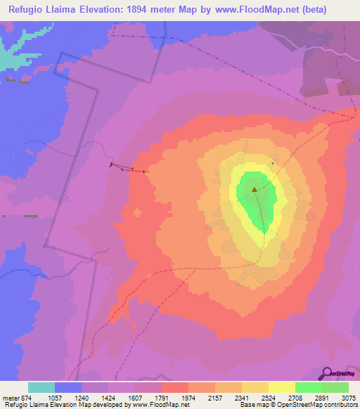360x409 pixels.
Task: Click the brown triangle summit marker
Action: (x=255, y=188)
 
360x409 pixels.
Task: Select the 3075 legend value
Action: (x=348, y=396)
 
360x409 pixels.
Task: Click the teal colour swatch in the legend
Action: (x=41, y=387)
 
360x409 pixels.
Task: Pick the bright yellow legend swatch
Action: (x=281, y=387)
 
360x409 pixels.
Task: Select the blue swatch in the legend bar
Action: (x=68, y=387)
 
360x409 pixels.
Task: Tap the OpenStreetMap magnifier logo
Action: (x=327, y=374)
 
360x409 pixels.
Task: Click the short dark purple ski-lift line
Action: (x=129, y=168)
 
